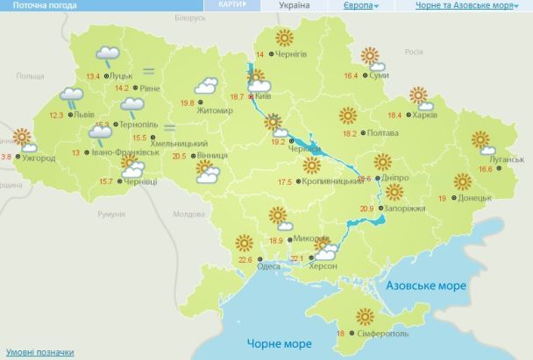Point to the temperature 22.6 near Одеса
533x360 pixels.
click(x=245, y=259)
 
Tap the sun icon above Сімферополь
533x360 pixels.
click(x=366, y=317)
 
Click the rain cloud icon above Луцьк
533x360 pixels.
click(x=109, y=55)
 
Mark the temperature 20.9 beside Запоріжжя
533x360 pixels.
click(x=366, y=208)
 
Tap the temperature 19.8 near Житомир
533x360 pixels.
click(x=187, y=103)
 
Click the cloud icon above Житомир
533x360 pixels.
click(x=207, y=86)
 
